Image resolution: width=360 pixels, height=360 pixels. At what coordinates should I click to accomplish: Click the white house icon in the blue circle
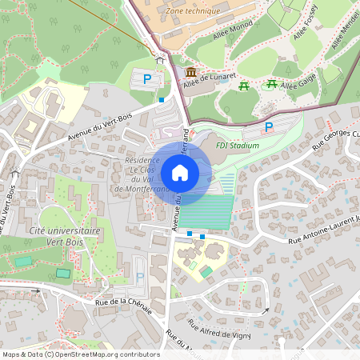pos(180,173)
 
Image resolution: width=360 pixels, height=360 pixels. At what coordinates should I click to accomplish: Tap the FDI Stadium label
pos(238,146)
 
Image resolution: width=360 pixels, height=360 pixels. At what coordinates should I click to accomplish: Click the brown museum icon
pos(190,73)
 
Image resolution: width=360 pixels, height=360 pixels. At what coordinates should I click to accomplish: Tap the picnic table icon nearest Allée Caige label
pos(272,84)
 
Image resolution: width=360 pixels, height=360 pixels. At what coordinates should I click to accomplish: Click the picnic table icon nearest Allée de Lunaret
pos(246,86)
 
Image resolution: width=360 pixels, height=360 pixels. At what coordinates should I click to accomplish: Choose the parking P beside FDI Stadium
pos(269,127)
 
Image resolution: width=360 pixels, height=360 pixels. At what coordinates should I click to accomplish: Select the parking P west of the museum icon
pos(147,79)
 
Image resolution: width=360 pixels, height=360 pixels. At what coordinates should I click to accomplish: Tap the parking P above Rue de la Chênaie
pos(141,277)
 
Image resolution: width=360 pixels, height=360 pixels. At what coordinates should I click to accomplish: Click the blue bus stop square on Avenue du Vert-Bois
pos(162,100)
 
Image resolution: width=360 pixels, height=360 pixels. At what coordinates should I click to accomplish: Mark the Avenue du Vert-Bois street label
pos(100,128)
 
